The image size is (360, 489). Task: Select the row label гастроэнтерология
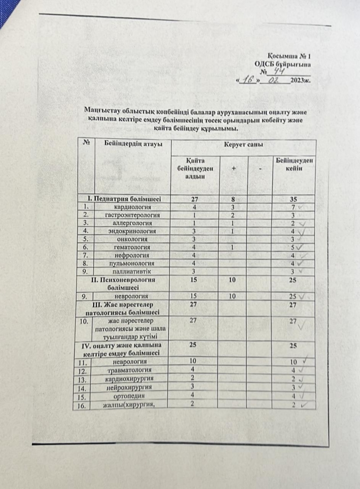pos(132,215)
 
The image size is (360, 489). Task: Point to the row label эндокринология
pos(132,231)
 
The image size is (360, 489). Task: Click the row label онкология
pos(132,240)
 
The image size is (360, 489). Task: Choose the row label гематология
pos(132,248)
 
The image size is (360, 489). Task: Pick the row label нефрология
pos(132,256)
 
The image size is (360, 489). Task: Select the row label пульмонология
pos(132,264)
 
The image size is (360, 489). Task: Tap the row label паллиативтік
pos(132,272)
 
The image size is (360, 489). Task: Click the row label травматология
pos(131,371)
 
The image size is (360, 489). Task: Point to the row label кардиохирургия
pos(131,379)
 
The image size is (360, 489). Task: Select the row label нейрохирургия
pos(131,387)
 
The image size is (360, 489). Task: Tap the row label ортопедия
pos(131,396)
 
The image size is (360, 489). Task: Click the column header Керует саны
pos(245,145)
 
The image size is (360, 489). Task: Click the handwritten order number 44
pos(281,71)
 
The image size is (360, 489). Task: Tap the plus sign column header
pos(234,168)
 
